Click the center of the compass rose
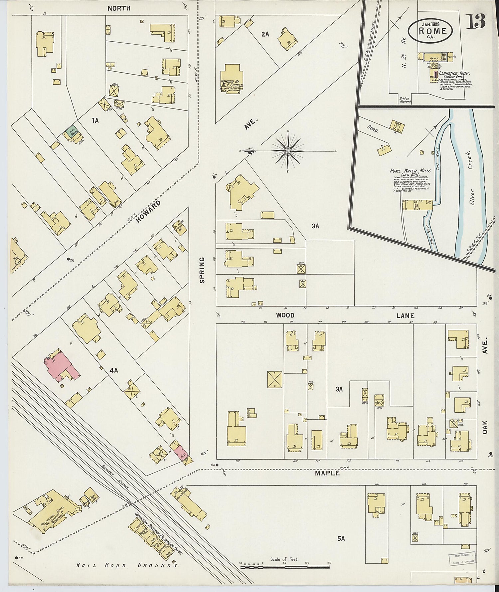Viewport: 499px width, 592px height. click(287, 151)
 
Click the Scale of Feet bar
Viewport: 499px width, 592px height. click(284, 566)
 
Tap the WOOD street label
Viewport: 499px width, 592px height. click(285, 315)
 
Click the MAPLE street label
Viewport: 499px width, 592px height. click(328, 473)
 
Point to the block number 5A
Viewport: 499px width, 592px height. click(341, 538)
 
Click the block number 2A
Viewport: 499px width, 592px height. click(265, 34)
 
